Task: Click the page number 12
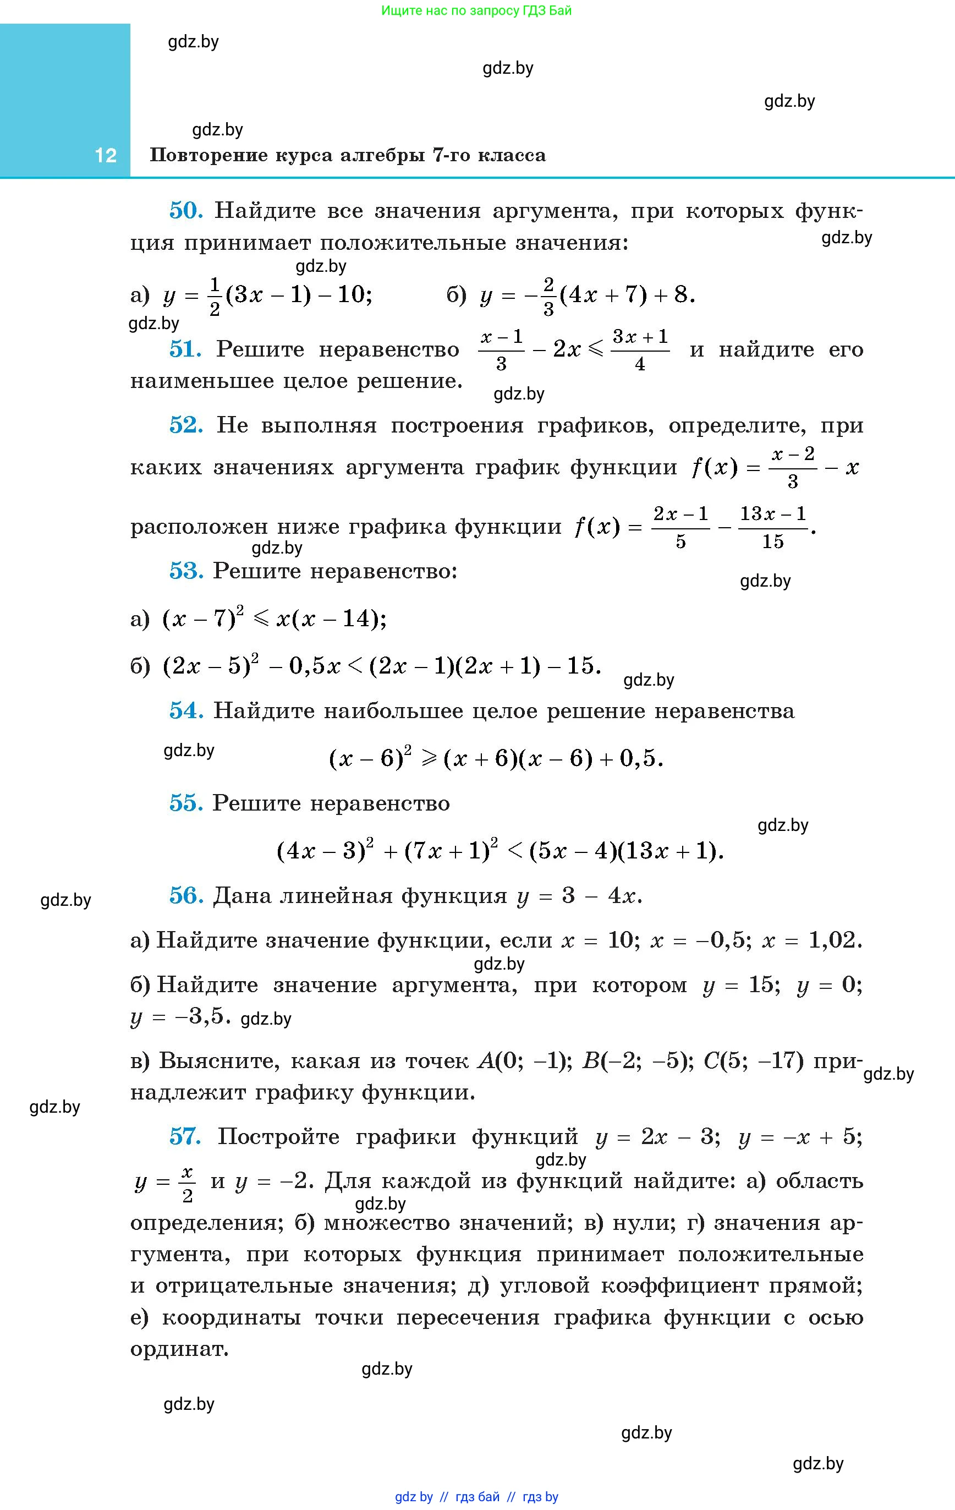[x=105, y=156]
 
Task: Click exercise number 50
[x=185, y=211]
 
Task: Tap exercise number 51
[x=185, y=349]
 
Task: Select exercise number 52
[x=185, y=425]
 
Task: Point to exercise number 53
[x=185, y=571]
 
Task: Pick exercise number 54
[x=185, y=710]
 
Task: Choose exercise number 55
[x=185, y=803]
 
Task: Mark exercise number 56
[x=185, y=895]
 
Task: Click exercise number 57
[x=185, y=1136]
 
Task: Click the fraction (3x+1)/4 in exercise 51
[x=640, y=350]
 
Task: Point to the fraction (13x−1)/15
[x=772, y=527]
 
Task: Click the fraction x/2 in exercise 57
[x=188, y=1183]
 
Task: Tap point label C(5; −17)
[x=753, y=1061]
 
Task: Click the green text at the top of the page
[x=476, y=10]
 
